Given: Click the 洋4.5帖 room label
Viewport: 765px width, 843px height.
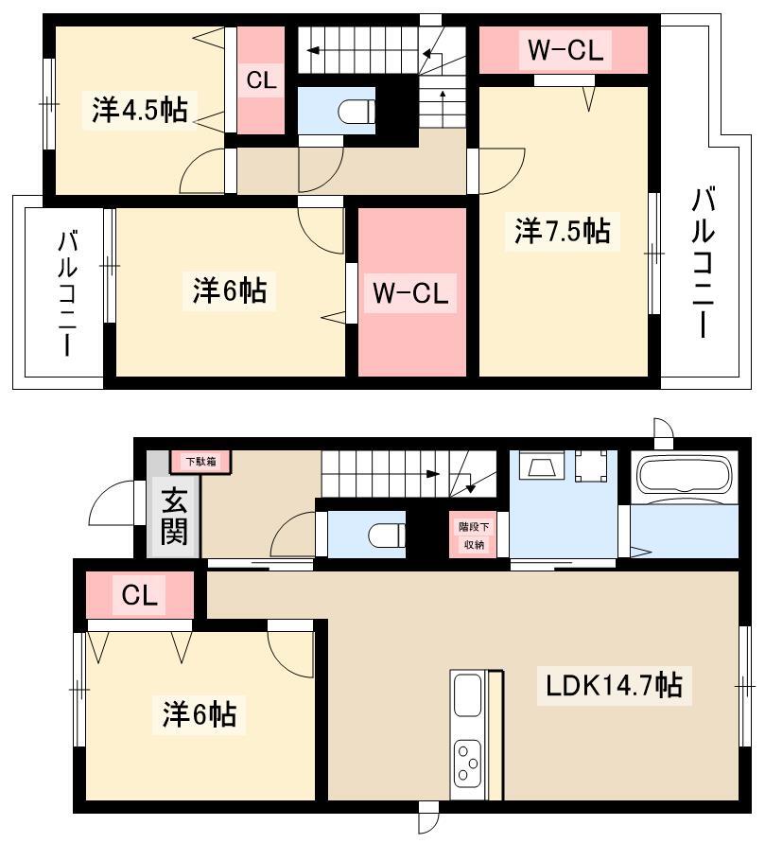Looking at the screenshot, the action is [x=140, y=109].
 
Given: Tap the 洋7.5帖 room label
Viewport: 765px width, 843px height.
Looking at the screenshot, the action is [x=562, y=231].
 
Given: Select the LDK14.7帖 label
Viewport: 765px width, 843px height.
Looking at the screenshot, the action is [x=614, y=686].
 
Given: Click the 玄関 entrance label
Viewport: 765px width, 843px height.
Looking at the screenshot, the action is [x=174, y=517].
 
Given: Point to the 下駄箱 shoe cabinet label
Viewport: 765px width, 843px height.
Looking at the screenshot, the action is [x=200, y=462].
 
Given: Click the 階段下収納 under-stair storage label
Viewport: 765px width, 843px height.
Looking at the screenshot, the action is [x=474, y=536].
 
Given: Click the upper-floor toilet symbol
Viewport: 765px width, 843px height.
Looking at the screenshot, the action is [x=356, y=113].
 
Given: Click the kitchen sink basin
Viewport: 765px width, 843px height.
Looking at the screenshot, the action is [x=467, y=695].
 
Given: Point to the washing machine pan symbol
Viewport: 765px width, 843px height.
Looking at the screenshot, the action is [x=591, y=465].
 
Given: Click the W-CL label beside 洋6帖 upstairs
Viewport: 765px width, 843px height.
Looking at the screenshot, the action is [x=410, y=293].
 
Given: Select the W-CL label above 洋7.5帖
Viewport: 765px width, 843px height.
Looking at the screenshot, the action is [x=565, y=50].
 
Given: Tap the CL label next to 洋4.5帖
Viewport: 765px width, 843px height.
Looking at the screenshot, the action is [x=261, y=80].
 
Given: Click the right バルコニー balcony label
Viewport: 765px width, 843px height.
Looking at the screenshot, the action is [x=703, y=262].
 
